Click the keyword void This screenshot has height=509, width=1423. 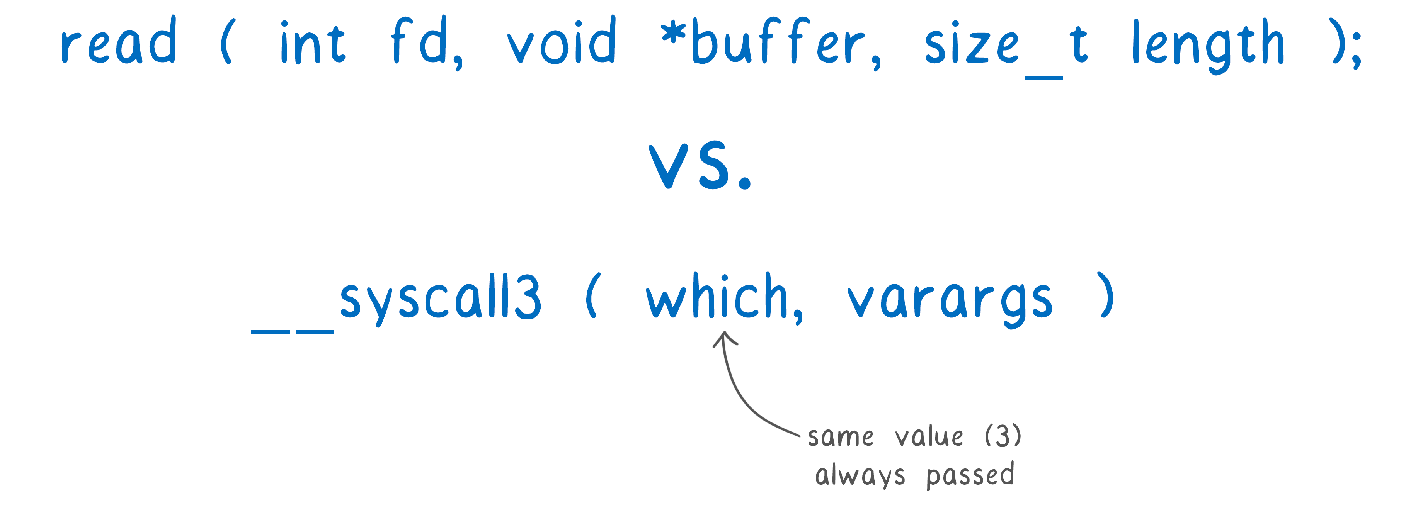pos(561,40)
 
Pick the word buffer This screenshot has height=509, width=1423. pos(779,41)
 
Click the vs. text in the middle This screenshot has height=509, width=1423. pos(700,165)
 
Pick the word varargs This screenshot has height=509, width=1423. pos(950,302)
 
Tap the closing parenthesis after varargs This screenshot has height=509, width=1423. pos(1106,295)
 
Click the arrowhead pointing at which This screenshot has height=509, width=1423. pos(725,338)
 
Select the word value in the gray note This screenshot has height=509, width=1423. pos(929,436)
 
